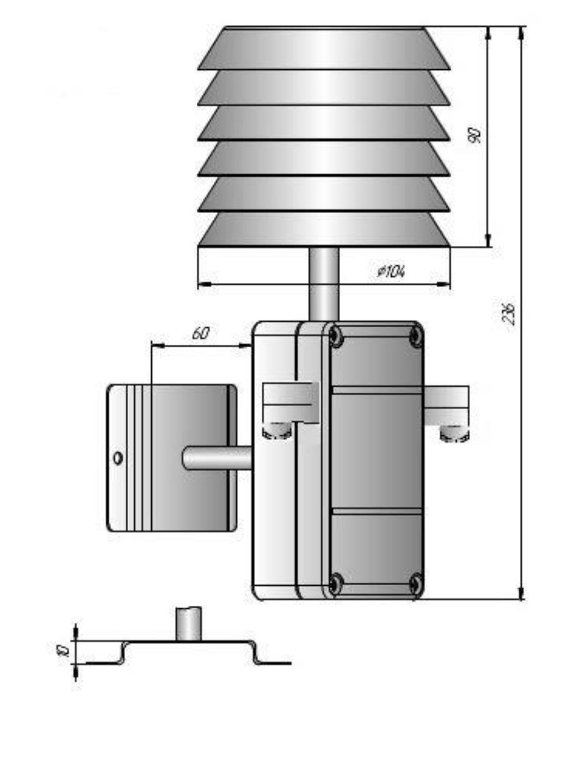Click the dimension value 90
pos(474,135)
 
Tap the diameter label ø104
pos(391,271)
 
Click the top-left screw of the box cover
pos(336,337)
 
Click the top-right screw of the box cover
pos(415,337)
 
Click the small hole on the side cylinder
pos(117,458)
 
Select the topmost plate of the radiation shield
pos(324,47)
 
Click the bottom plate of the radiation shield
pos(324,230)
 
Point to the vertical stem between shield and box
pos(324,284)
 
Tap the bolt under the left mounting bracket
pos(277,432)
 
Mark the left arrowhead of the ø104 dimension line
pos(203,285)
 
